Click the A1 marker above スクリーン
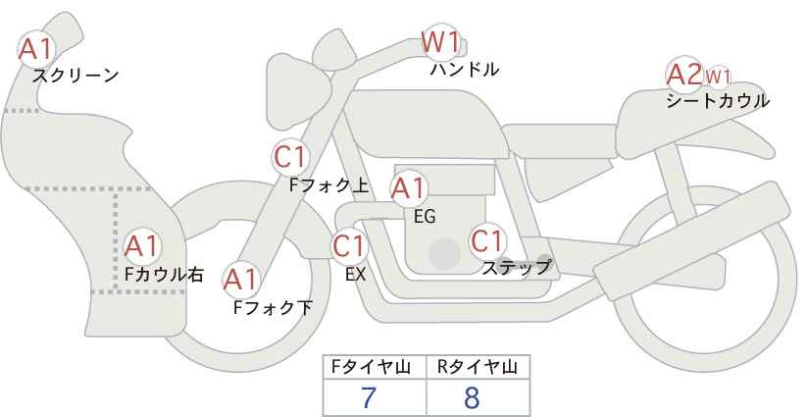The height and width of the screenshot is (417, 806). [36, 49]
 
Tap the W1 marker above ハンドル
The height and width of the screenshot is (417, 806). [440, 41]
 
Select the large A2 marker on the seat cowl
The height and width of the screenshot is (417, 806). [684, 75]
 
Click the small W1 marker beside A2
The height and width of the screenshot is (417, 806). [718, 78]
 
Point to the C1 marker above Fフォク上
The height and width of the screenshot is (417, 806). [290, 157]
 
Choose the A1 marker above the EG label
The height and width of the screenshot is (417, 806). [409, 188]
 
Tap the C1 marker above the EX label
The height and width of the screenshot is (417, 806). [349, 246]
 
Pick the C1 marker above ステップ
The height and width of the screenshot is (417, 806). [487, 240]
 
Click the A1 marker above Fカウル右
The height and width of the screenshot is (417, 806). [142, 247]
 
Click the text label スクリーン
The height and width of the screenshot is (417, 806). [76, 77]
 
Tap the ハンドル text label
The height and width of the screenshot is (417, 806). [465, 70]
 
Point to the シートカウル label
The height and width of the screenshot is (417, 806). [718, 101]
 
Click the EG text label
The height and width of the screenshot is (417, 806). [425, 217]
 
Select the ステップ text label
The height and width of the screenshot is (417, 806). [516, 268]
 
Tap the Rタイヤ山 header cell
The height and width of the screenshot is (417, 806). [479, 367]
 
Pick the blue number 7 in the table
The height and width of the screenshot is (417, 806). [369, 397]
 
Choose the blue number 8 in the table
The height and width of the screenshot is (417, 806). [472, 397]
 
